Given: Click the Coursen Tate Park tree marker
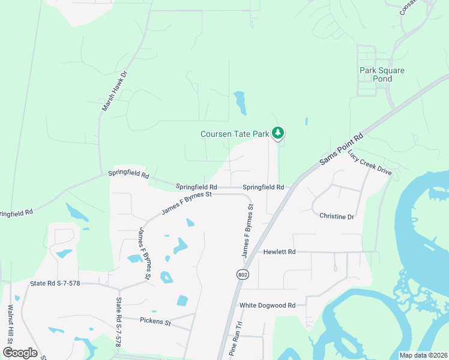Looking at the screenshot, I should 277,133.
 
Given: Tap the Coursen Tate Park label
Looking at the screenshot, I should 235,134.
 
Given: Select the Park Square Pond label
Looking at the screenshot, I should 382,74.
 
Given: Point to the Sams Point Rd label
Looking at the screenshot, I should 342,149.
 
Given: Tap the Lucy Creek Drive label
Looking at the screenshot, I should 369,162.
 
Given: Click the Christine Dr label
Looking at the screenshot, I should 337,216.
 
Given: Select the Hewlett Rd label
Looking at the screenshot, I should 280,252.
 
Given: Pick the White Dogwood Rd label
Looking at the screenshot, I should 268,305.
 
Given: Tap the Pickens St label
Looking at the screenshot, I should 155,322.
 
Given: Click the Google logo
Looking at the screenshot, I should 20,352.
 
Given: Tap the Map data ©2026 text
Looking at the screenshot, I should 423,355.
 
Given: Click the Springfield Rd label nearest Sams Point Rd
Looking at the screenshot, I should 264,187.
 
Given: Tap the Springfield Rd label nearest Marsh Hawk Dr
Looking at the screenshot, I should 128,175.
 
